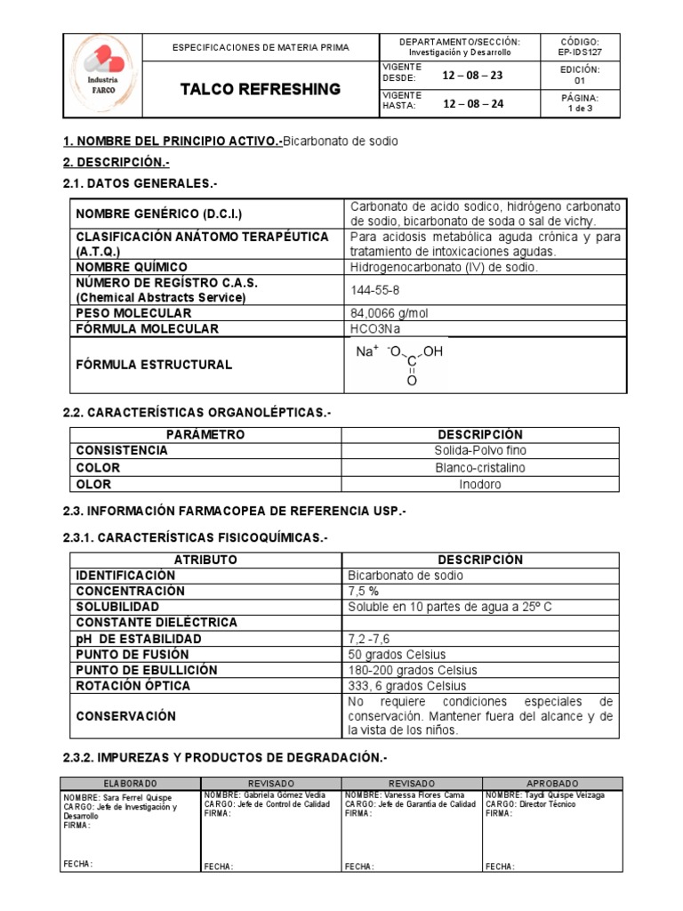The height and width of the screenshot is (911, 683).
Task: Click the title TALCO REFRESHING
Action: [x=261, y=89]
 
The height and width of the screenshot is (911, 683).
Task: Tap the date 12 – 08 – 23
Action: [x=472, y=75]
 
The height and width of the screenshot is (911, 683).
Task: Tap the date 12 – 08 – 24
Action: [x=472, y=103]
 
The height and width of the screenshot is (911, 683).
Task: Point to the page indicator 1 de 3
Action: [x=581, y=109]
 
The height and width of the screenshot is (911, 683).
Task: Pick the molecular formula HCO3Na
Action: [x=376, y=329]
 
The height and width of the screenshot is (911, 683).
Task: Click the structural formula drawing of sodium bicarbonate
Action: [x=400, y=365]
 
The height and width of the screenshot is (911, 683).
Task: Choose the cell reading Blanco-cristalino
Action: [x=480, y=468]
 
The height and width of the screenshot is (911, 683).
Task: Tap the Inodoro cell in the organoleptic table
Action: [x=480, y=485]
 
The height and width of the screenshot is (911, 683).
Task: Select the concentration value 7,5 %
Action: [x=366, y=592]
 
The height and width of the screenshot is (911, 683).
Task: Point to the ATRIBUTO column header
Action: [x=205, y=560]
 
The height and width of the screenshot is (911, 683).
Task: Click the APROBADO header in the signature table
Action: [x=551, y=783]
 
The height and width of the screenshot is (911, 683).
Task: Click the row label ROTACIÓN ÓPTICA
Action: [x=133, y=686]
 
